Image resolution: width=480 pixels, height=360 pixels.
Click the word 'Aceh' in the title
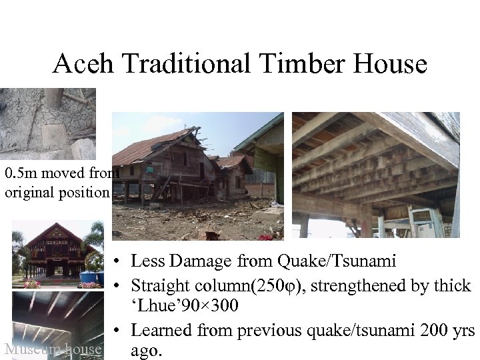coord(79,64)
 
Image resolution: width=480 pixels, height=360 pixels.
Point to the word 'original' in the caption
coord(33,193)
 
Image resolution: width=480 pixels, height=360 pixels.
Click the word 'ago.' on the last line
coord(147,349)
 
